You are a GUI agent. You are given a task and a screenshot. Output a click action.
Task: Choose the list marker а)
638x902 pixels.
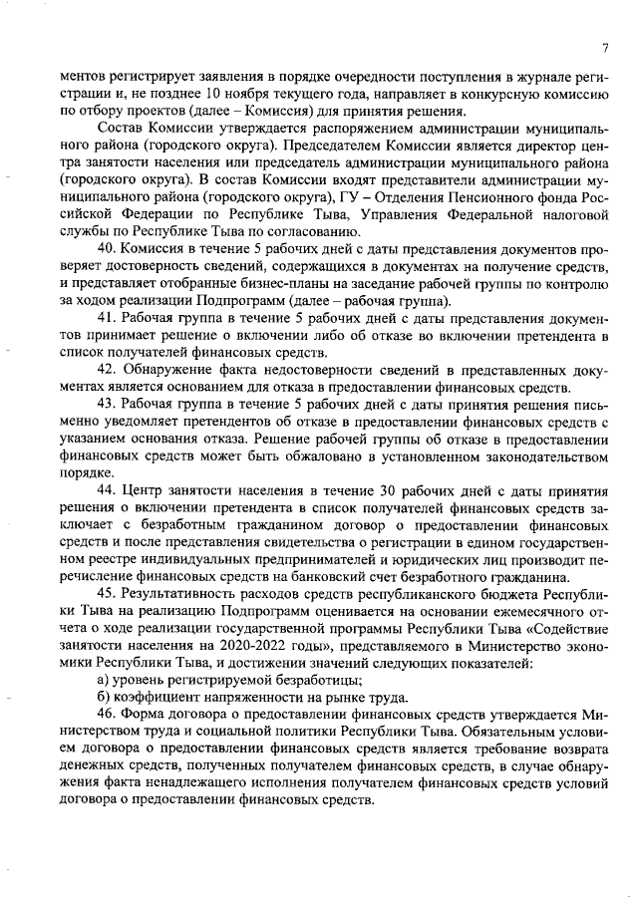[x=103, y=682]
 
